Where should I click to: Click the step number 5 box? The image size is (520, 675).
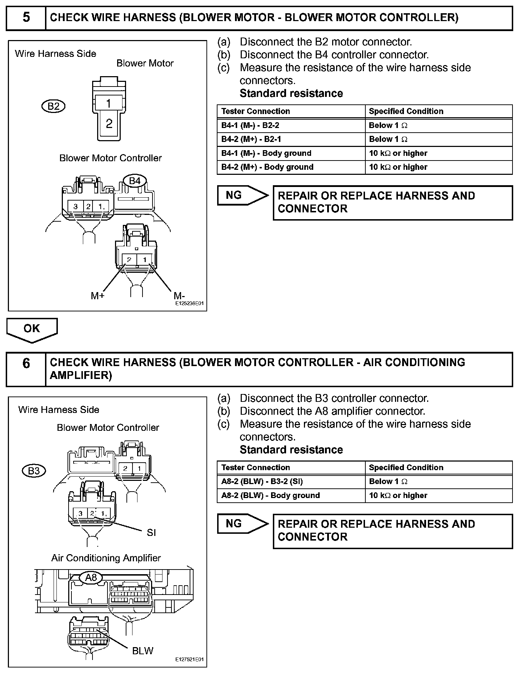point(26,18)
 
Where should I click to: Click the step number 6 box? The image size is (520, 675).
point(26,369)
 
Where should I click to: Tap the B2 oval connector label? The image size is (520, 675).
point(54,106)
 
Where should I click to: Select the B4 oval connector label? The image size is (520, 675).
point(134,181)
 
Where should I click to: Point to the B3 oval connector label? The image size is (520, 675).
point(34,471)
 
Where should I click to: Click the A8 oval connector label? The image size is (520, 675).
point(91,577)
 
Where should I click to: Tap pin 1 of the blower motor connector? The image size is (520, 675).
point(109,104)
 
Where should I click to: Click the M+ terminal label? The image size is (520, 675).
point(97,296)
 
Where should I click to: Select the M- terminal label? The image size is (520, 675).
point(179,296)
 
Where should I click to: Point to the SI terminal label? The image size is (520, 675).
point(151,533)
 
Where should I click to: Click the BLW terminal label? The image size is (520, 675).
point(142,651)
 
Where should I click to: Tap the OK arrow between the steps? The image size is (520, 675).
point(31,329)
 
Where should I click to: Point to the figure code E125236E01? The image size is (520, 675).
point(189,304)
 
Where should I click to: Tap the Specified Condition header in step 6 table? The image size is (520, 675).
point(406,468)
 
